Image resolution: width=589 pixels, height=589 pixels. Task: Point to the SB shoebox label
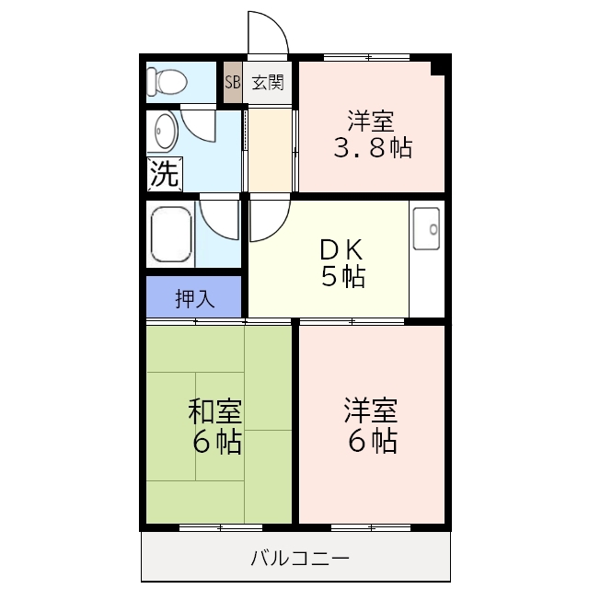pos(232,82)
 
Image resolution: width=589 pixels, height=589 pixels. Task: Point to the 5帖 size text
pos(343,275)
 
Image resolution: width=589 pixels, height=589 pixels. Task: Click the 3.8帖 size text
pos(372,147)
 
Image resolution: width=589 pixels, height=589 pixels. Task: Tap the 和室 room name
pos(215,410)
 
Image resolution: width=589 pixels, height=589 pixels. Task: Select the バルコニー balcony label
pos(300,558)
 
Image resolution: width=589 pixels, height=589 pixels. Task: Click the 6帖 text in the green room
pos(217,443)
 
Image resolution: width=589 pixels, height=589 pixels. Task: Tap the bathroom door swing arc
pos(220,223)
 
